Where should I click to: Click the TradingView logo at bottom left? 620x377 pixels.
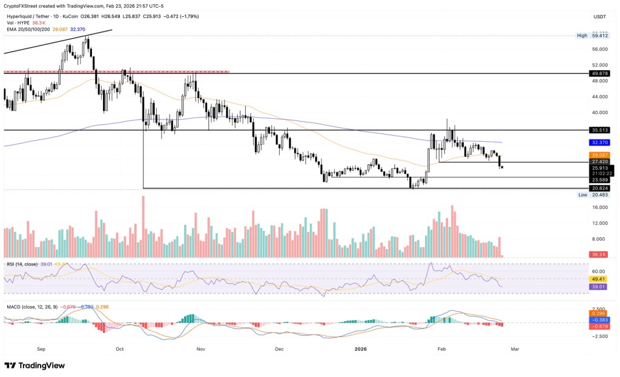[35, 365]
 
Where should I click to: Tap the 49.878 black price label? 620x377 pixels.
[601, 73]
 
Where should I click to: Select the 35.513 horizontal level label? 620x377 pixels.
[601, 130]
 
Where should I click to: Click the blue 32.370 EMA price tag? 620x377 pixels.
[601, 142]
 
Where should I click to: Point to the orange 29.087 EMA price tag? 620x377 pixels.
[601, 155]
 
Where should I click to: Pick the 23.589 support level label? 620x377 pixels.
[601, 179]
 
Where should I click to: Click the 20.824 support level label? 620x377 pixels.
[601, 189]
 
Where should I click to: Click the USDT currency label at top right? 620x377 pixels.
[600, 17]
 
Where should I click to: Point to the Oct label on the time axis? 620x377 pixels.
[119, 349]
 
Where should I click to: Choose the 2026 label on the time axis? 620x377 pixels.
[361, 349]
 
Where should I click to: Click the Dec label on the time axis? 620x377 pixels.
[279, 349]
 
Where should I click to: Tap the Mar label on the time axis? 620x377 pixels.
[515, 349]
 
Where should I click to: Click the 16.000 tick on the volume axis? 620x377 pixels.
[600, 207]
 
